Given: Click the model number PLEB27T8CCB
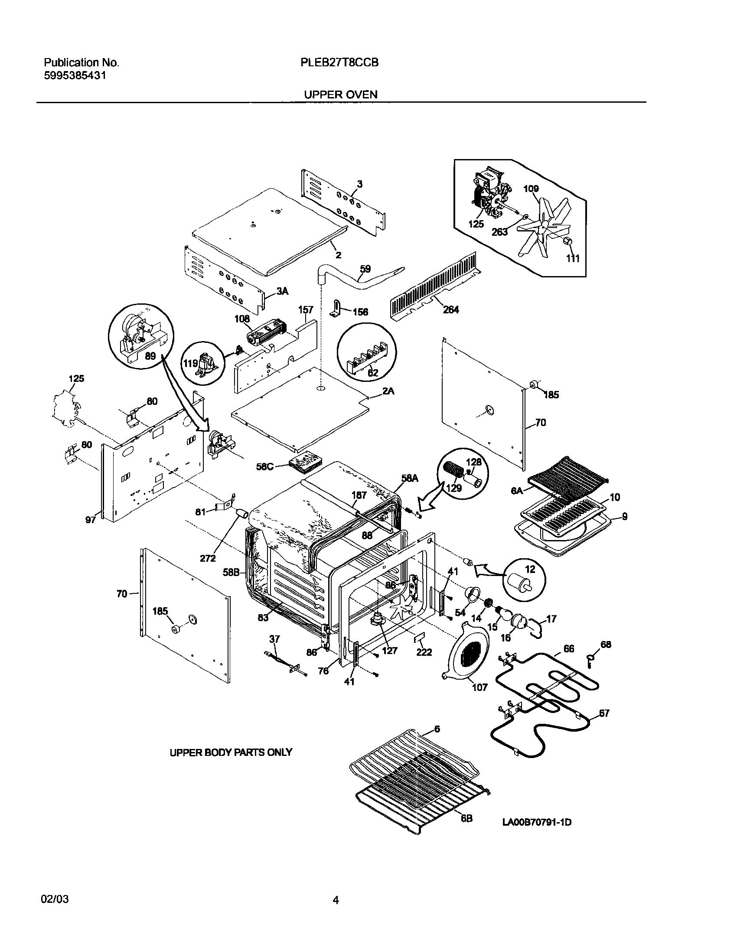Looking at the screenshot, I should tap(339, 63).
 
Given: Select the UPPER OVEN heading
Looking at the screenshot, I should tap(340, 94).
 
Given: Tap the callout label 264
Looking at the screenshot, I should tap(451, 310).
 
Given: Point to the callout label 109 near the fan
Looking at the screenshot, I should tap(531, 189).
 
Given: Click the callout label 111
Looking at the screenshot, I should tap(573, 259).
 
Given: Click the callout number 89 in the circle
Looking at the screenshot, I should tap(150, 356).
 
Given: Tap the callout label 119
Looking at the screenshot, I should tap(190, 363).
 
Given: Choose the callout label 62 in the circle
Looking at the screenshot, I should tap(372, 373).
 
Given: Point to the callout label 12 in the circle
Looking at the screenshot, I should tap(530, 569).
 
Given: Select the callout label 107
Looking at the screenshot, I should tap(479, 687).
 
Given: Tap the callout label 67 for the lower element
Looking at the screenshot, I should tap(604, 713).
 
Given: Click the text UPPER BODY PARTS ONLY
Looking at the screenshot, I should tap(231, 752).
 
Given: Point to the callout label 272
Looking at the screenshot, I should tap(208, 559).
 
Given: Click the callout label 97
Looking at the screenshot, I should tap(90, 520).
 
